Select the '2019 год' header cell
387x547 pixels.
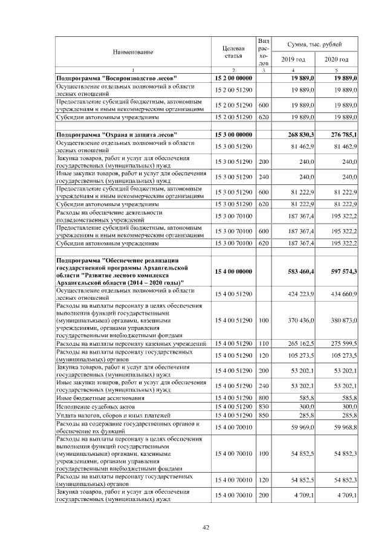click(293, 59)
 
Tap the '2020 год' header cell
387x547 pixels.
click(336, 59)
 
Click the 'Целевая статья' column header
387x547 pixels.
click(233, 52)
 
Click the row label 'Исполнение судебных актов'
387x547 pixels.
click(92, 407)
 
